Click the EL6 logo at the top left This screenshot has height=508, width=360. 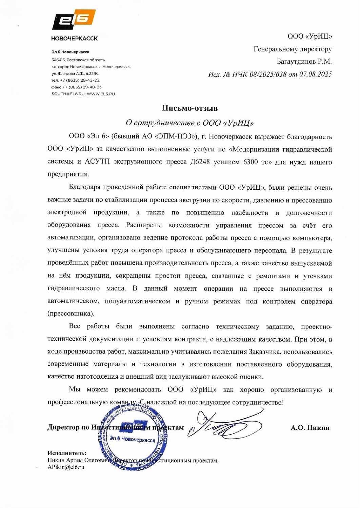coord(74,20)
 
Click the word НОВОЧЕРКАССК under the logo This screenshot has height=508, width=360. coord(74,39)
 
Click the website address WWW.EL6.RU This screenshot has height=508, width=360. coord(101,94)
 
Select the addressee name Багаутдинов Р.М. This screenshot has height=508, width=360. coord(304,62)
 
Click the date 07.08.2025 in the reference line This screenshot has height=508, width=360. coord(315,75)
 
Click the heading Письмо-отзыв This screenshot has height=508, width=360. coord(189,108)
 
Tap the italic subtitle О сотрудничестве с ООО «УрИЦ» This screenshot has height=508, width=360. coord(189,123)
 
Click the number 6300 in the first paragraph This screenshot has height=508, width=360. coord(250,162)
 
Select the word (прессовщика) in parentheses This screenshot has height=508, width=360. coord(71,314)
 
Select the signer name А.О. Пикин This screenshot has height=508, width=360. coord(310,428)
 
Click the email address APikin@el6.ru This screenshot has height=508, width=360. coord(66,467)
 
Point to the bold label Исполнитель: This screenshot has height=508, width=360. coord(67,453)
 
